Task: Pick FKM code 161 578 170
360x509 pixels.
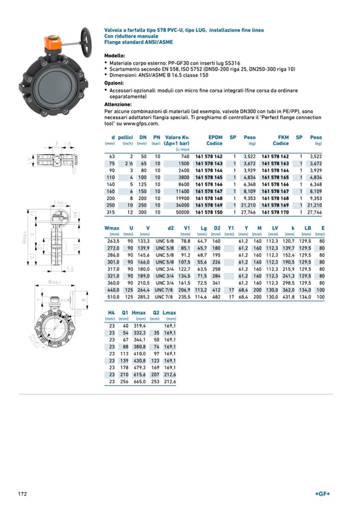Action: (275, 212)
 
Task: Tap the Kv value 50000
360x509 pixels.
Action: (182, 212)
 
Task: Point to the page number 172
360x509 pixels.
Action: (23, 494)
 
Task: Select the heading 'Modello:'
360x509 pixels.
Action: (115, 56)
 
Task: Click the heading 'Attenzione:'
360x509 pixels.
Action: (117, 105)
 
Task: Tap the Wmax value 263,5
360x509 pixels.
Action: (114, 240)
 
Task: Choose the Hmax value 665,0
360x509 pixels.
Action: (139, 381)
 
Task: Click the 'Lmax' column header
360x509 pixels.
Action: (169, 313)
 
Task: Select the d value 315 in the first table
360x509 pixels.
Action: (111, 212)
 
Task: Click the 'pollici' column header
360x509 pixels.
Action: (125, 137)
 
